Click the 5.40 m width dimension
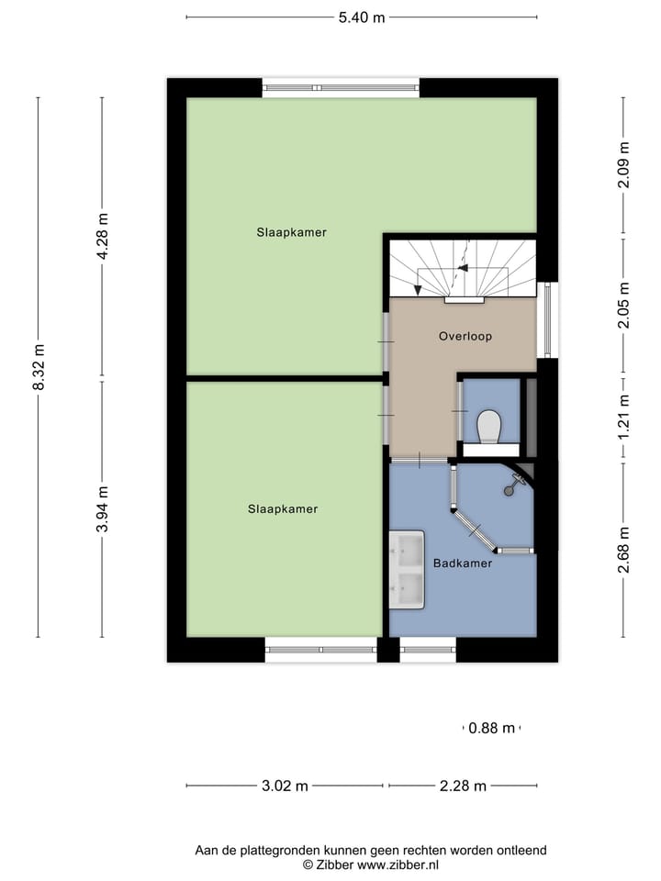tap(361, 17)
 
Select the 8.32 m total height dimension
tap(39, 366)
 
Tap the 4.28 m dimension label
tap(103, 237)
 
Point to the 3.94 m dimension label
tap(103, 509)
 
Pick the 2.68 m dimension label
tap(623, 550)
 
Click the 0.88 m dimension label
tap(491, 729)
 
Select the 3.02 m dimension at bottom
tap(285, 786)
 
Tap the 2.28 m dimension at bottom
tap(463, 786)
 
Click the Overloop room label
tap(465, 336)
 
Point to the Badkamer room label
tap(464, 563)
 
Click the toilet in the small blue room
tap(489, 428)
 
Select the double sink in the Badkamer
tap(406, 570)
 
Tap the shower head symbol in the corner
tap(510, 489)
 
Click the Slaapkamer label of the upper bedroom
tap(291, 232)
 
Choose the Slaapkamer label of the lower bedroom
tap(282, 508)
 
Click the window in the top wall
tap(341, 88)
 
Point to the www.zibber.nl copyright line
tap(371, 864)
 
